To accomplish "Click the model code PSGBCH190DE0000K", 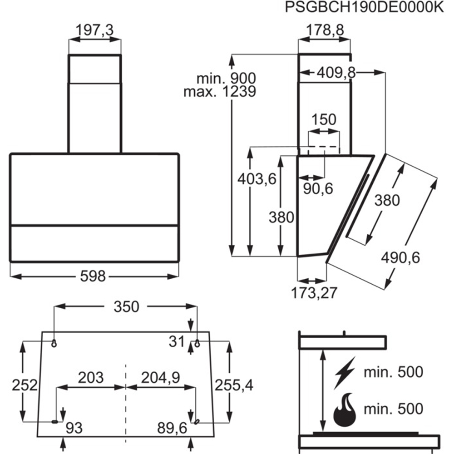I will point(363,8).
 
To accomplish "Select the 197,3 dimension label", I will point(94,30).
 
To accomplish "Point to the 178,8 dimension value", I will point(324,30).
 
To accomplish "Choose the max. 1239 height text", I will point(220,92).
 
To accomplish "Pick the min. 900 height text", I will point(226,78).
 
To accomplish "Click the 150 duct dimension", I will point(324,120).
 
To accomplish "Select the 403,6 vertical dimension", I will point(257,179).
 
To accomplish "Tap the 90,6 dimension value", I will point(318,188).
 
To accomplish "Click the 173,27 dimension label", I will point(315,293).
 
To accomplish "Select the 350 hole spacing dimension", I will point(126,307).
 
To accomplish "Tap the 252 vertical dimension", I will point(24,385).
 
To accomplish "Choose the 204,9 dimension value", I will point(161,377).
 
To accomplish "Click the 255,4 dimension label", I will point(234,385).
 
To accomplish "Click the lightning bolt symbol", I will point(344,372).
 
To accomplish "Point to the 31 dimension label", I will point(176,342).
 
